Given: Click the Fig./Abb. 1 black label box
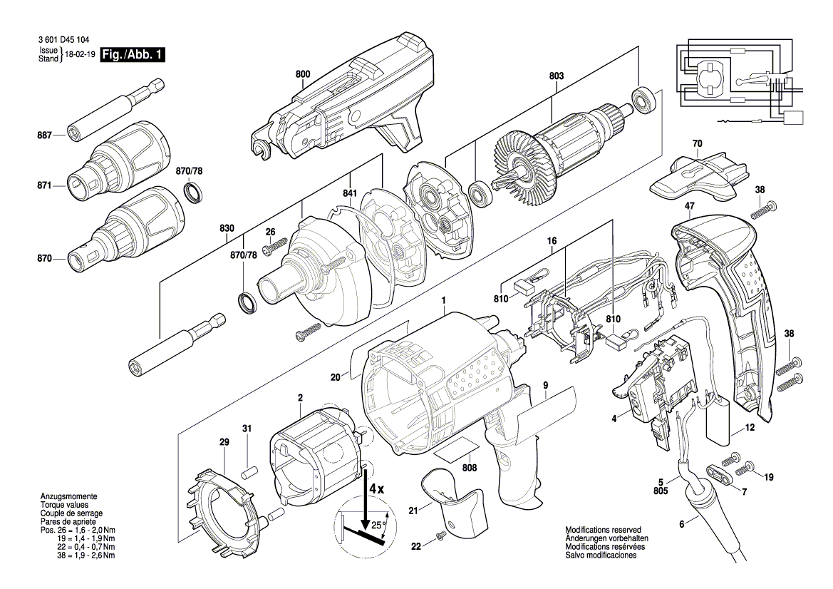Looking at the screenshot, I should [x=131, y=55].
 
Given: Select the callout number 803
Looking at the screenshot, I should [x=557, y=74].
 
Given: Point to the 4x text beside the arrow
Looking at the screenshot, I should [x=377, y=490].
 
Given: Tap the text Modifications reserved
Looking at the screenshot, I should [x=603, y=530].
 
